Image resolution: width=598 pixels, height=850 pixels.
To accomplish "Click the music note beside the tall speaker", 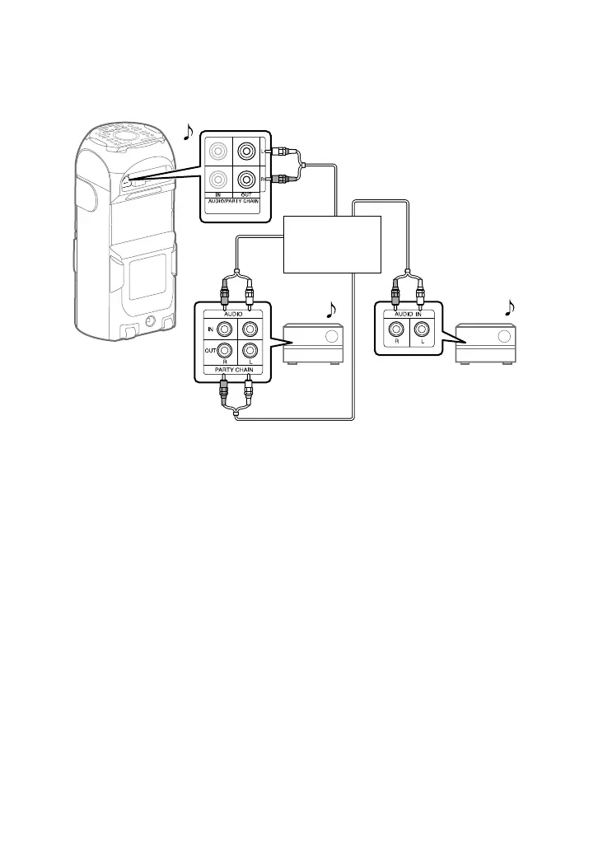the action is (x=189, y=131).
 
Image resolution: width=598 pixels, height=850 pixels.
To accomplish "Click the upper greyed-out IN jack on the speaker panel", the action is (x=218, y=151).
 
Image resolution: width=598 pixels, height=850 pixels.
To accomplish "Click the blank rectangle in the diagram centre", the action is (x=332, y=244).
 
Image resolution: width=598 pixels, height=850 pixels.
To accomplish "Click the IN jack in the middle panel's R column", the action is (x=224, y=329).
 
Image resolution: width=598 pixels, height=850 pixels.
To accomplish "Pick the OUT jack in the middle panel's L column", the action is (x=250, y=350).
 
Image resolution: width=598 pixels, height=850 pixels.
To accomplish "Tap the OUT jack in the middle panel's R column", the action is (x=224, y=350).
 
